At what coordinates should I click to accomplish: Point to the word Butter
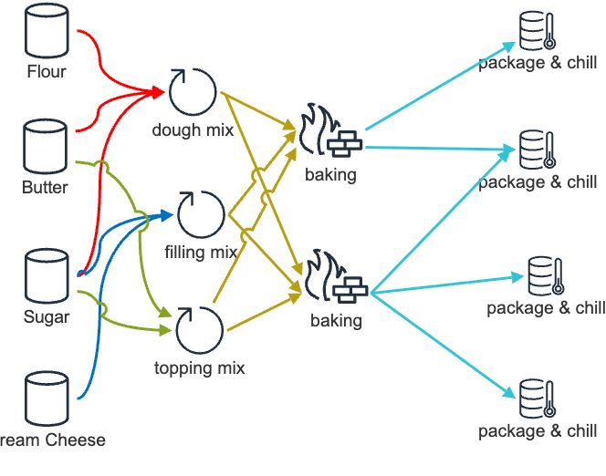point(45,187)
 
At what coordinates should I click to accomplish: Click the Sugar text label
point(46,316)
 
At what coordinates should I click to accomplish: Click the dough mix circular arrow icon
point(193,91)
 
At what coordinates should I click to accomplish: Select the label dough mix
point(193,129)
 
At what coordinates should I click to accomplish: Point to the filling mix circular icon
point(201,215)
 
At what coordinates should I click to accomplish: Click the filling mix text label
point(201,252)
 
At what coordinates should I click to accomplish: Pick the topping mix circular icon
point(200,330)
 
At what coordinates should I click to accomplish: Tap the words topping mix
point(200,368)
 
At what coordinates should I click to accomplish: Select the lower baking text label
point(336,321)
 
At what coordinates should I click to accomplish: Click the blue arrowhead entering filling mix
point(167,215)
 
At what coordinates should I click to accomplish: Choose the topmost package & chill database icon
point(537,31)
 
